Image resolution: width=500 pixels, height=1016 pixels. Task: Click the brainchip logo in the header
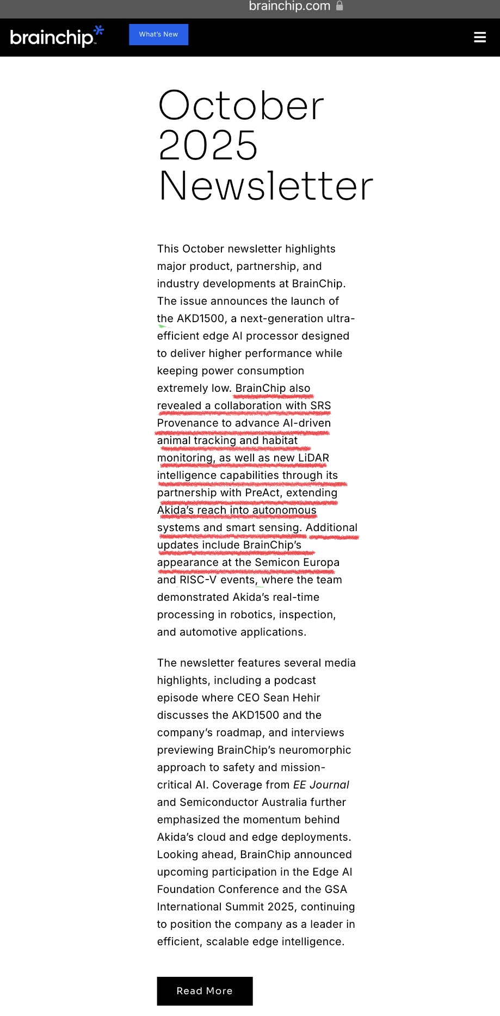52,37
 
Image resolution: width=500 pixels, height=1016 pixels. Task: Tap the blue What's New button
158,34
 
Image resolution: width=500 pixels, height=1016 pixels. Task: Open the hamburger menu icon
480,37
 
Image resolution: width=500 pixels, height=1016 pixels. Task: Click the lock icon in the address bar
339,6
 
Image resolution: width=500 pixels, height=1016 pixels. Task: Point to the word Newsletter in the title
266,186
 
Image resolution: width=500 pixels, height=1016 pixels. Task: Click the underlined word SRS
320,405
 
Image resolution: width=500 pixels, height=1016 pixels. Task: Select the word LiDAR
313,458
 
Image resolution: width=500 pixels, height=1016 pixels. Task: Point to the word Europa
321,562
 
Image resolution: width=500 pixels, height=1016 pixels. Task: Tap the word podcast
295,680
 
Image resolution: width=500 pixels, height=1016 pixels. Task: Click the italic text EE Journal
321,785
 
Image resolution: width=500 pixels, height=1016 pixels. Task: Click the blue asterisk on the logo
98,30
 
